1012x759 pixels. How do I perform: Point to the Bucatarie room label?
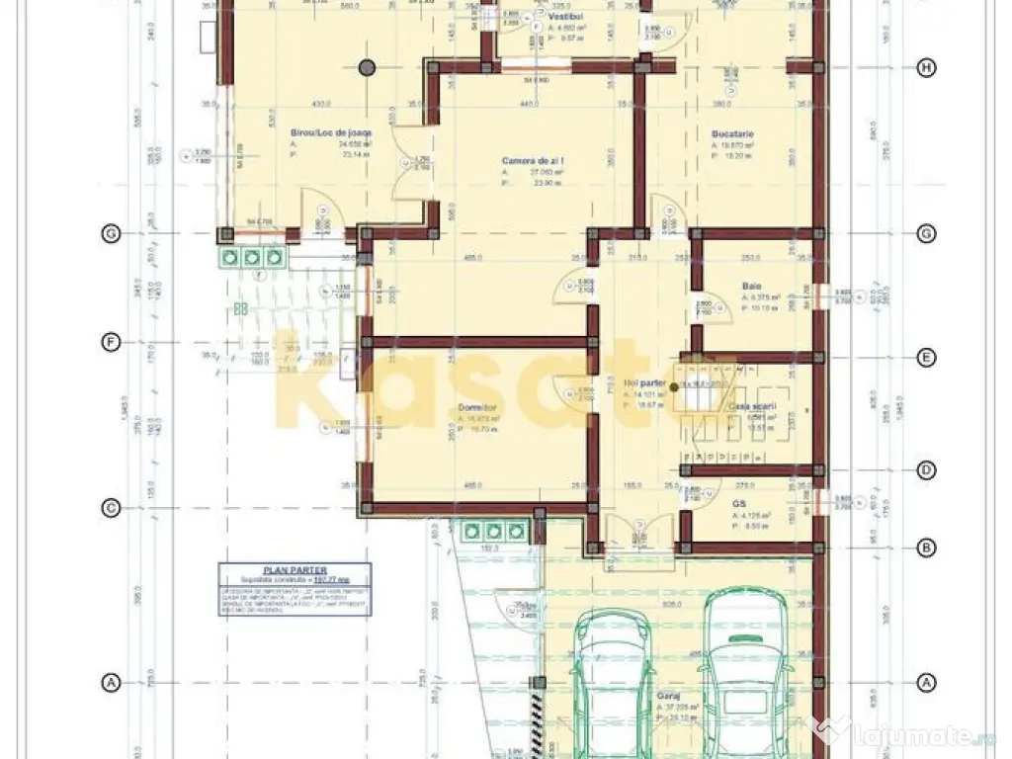tap(732, 132)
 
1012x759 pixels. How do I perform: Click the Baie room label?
tap(752, 287)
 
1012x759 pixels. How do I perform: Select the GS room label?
tap(738, 503)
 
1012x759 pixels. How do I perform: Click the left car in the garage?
tap(612, 682)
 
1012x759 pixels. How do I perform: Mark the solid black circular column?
tap(367, 68)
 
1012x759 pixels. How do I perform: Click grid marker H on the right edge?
tap(926, 67)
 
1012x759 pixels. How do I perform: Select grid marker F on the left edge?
tap(111, 342)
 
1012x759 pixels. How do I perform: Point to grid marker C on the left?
tap(111, 508)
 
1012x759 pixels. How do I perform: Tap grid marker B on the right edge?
tap(926, 546)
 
